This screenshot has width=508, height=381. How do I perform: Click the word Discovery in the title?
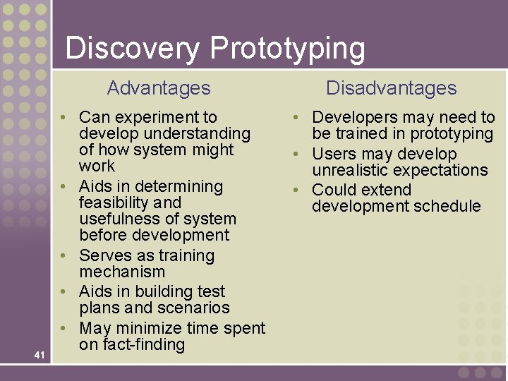[133, 49]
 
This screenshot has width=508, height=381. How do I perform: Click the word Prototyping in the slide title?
[288, 49]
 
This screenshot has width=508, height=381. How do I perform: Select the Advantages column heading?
[159, 88]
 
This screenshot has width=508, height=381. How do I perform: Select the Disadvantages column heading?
[391, 88]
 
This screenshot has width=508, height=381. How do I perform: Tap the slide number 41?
[39, 355]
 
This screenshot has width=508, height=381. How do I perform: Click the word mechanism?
[122, 272]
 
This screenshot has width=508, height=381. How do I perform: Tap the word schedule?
[447, 206]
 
